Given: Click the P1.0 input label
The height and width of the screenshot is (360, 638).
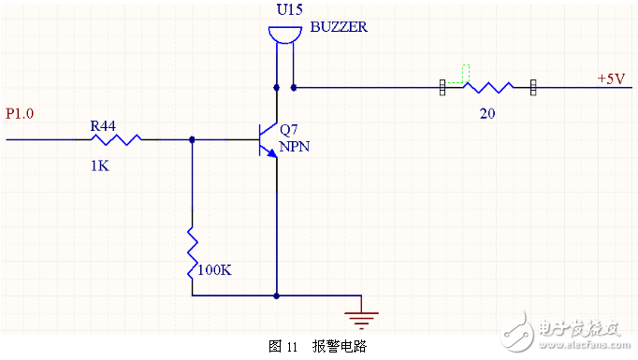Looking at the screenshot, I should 20,114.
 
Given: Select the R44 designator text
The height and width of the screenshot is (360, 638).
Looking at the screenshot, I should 102,124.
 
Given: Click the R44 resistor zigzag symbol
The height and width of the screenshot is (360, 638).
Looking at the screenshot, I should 117,139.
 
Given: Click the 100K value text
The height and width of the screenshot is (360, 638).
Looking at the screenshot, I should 214,269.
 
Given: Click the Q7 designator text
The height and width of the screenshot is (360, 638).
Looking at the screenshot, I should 289,130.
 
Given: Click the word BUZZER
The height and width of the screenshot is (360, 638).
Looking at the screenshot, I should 338,28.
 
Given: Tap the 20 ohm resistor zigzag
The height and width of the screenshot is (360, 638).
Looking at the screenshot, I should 488,88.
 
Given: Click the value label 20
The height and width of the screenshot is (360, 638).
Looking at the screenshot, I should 486,112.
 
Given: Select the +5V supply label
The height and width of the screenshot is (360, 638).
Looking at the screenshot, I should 611,79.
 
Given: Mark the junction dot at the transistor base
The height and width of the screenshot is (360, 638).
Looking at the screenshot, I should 192,139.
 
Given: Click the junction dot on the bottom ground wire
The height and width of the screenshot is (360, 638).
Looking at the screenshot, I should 277,295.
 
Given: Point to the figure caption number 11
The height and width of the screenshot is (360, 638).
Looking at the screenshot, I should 292,346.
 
